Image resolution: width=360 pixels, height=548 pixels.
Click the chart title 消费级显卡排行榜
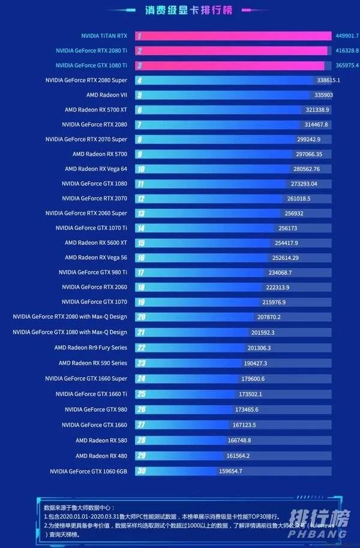click(180, 10)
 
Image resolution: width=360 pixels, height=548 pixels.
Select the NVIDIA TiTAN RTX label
click(104, 36)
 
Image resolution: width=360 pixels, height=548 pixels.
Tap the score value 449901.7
click(346, 36)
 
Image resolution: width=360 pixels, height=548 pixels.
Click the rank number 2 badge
click(139, 50)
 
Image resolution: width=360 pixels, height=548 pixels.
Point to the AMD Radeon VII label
click(107, 95)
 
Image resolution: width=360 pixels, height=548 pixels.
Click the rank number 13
click(140, 214)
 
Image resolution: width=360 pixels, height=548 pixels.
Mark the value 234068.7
click(288, 272)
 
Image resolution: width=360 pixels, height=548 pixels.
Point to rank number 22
click(141, 347)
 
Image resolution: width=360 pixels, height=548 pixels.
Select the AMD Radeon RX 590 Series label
click(93, 363)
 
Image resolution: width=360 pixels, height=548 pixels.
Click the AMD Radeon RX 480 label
click(101, 456)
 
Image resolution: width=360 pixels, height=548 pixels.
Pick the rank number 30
click(141, 471)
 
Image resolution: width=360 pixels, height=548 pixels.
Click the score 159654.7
click(231, 471)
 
